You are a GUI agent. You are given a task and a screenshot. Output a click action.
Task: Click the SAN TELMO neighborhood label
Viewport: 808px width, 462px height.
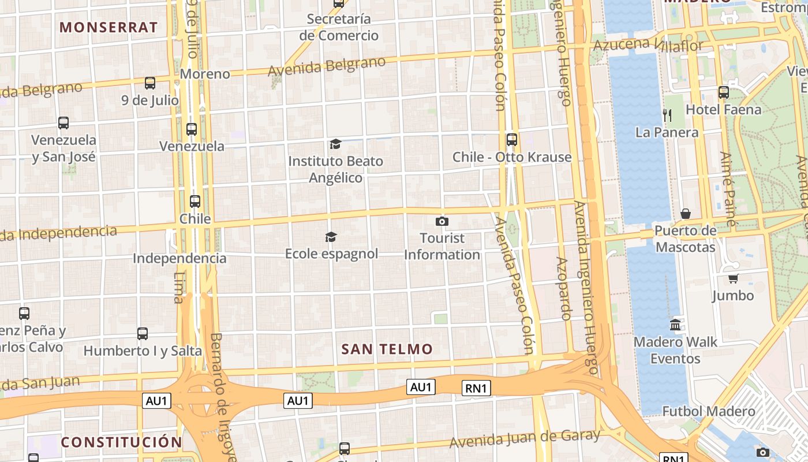(387, 349)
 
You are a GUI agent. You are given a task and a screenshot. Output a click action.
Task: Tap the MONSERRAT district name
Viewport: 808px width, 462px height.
(109, 27)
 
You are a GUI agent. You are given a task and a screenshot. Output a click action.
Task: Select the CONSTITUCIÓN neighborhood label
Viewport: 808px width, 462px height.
(121, 442)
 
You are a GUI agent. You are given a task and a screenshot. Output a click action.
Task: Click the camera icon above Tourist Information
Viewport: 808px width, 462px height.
(442, 221)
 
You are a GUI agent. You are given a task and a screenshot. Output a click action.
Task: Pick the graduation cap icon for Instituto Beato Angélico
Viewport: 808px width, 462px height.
(335, 144)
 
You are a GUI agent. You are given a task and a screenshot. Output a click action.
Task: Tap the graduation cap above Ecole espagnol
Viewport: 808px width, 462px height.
(331, 237)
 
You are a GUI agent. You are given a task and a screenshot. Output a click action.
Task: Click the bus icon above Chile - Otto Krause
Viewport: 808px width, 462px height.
(512, 140)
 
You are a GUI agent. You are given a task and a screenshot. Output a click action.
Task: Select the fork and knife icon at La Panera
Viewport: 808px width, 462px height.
(667, 115)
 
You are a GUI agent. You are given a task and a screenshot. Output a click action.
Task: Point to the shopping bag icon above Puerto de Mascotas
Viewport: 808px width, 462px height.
(686, 214)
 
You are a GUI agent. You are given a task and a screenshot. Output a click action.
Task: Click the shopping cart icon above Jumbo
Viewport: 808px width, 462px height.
(733, 279)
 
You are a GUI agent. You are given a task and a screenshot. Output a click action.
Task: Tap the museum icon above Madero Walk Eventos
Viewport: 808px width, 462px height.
(676, 325)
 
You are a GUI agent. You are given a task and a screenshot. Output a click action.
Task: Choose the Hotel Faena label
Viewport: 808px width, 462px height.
(723, 109)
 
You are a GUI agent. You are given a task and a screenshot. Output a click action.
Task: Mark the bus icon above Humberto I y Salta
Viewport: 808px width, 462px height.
(143, 334)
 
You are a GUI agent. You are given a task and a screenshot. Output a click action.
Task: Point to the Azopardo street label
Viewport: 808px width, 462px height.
(564, 289)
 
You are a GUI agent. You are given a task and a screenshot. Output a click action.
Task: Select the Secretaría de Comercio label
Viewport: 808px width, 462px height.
(339, 27)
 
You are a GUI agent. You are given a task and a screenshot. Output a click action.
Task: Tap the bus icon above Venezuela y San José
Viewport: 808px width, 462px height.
(63, 123)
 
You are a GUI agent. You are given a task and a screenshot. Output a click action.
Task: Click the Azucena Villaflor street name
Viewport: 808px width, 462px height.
(648, 44)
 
